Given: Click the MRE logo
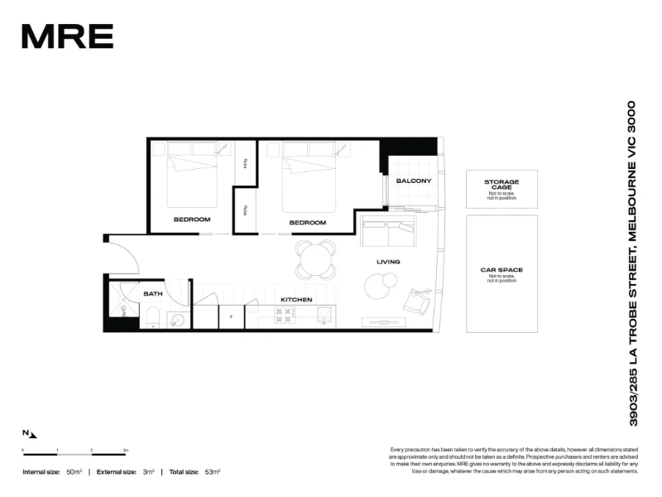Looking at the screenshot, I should coord(67,36).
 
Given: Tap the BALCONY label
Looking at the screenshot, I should coord(413,181).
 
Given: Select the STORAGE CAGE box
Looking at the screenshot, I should coord(501,189).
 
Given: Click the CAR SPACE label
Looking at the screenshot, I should coord(501,270).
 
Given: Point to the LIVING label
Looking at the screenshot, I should coord(388,262).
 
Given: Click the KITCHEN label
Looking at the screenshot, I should coord(295,299).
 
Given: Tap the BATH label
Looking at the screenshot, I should coord(153,293).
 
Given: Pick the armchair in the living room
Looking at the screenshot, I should coord(417,301).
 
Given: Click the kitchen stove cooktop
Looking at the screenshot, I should coord(285,316).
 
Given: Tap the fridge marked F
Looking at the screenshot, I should coord(231,316).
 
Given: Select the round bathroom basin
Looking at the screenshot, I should coord(177,319).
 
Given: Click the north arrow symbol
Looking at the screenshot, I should coord(30,433).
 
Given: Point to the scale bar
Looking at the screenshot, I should coord(74,454).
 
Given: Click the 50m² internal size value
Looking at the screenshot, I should coord(74,471).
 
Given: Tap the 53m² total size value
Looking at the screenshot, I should coord(211,471).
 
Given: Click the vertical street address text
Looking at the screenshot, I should coord(633,263).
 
